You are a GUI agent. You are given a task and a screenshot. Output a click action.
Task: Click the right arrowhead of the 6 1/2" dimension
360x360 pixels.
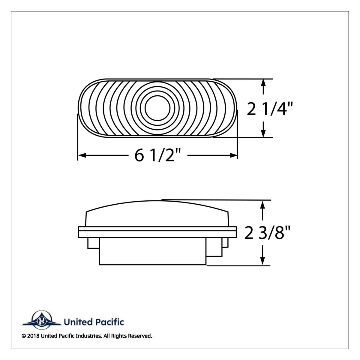coord(234,155)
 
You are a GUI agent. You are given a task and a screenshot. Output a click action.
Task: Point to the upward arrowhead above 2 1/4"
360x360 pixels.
coord(263,83)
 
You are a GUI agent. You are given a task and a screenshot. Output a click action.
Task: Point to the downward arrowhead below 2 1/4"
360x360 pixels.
coord(263,134)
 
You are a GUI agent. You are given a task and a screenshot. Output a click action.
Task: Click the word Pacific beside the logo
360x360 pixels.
coord(109,322)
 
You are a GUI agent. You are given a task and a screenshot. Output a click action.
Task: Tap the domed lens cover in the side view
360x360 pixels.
coord(157,214)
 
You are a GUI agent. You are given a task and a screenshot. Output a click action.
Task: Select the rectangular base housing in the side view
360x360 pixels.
coord(153,253)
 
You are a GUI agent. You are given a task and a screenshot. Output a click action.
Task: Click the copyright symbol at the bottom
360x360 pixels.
coord(24,336)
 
